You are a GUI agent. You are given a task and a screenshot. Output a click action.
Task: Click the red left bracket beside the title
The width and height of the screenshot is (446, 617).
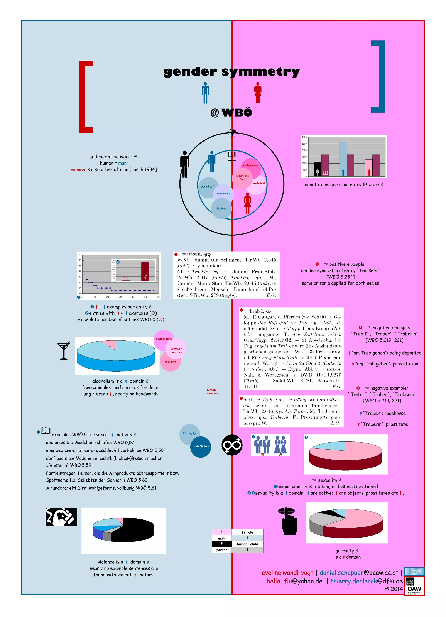pyautogui.click(x=83, y=96)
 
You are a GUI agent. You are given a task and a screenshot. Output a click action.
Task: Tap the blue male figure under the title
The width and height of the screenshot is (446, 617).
pyautogui.click(x=205, y=93)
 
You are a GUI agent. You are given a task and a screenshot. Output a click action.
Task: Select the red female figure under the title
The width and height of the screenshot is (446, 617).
pyautogui.click(x=258, y=93)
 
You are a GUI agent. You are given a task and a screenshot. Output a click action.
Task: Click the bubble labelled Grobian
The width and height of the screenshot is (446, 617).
pyautogui.click(x=221, y=209)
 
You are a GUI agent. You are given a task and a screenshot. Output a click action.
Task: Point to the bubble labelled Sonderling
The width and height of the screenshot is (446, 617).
pyautogui.click(x=223, y=194)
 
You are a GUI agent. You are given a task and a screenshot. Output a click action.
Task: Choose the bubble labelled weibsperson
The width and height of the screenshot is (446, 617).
pyautogui.click(x=250, y=165)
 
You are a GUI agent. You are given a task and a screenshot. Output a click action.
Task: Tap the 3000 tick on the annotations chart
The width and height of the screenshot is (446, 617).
pyautogui.click(x=304, y=137)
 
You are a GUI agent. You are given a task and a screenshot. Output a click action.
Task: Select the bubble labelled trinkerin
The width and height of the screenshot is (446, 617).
pyautogui.click(x=170, y=362)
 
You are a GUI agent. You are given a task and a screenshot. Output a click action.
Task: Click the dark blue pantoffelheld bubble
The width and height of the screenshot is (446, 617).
pyautogui.click(x=201, y=446)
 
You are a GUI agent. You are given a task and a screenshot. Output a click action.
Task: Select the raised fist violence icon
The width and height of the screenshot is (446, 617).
pyautogui.click(x=61, y=517)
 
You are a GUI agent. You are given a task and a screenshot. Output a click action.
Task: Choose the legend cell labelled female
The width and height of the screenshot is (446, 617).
pyautogui.click(x=247, y=532)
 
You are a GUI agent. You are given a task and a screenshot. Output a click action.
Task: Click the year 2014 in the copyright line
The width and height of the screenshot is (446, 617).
pyautogui.click(x=397, y=589)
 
